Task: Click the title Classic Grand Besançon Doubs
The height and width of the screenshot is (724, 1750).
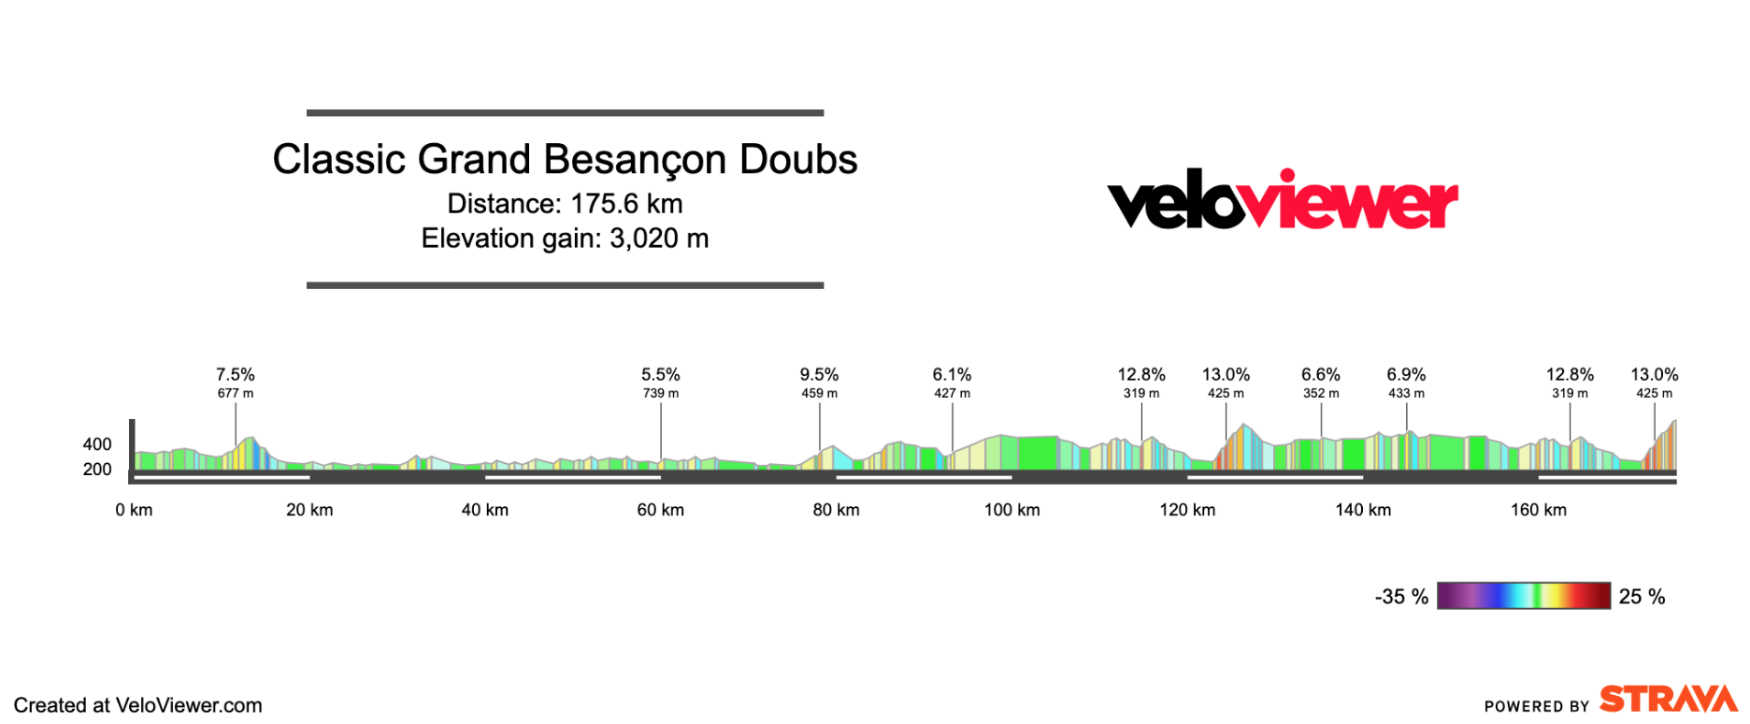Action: pyautogui.click(x=565, y=160)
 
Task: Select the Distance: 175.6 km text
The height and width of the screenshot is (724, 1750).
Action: pyautogui.click(x=565, y=204)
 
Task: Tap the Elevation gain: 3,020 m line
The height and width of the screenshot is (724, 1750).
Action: pyautogui.click(x=565, y=239)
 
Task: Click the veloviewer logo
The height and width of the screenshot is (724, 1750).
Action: pyautogui.click(x=1282, y=200)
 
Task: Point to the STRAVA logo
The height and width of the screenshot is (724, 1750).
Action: pyautogui.click(x=1668, y=700)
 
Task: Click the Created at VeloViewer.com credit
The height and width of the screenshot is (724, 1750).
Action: pyautogui.click(x=138, y=705)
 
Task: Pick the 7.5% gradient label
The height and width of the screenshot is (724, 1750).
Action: pyautogui.click(x=236, y=375)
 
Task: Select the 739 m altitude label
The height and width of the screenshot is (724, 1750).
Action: pyautogui.click(x=661, y=394)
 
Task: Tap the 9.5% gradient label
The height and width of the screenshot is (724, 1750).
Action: pyautogui.click(x=819, y=375)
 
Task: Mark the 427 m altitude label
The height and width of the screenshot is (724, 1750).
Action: pyautogui.click(x=952, y=394)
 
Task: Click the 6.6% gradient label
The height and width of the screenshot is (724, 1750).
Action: pyautogui.click(x=1321, y=375)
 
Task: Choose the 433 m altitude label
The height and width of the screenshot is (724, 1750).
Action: pyautogui.click(x=1406, y=394)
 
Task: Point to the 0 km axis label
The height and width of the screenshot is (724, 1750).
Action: pyautogui.click(x=134, y=510)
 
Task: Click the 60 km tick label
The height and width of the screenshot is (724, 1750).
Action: pyautogui.click(x=661, y=510)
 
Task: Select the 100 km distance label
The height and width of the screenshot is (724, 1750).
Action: pyautogui.click(x=1011, y=510)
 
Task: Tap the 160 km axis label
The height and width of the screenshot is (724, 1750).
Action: pyautogui.click(x=1539, y=510)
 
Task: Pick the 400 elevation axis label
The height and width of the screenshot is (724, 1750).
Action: pyautogui.click(x=97, y=444)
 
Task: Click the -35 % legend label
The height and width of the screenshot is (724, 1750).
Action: pyautogui.click(x=1401, y=597)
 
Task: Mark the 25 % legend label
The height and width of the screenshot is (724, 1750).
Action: pyautogui.click(x=1642, y=597)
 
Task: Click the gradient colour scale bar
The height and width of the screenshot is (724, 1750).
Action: pyautogui.click(x=1524, y=596)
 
